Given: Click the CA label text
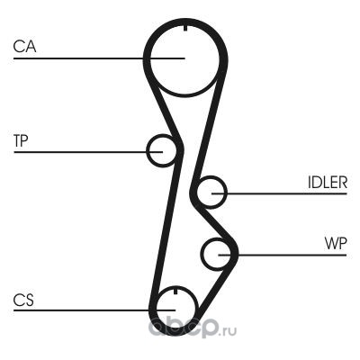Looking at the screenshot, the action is coord(24,47).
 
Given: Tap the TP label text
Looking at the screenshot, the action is coord(21,140).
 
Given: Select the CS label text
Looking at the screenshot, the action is coord(23,300).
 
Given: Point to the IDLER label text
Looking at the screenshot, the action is coord(328,182).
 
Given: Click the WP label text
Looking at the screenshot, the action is coord(336,244).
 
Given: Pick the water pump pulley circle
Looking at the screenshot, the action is coord(202,255).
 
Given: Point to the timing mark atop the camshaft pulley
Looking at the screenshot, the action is coord(185,29).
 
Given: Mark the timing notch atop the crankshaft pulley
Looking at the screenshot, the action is coord(175,291).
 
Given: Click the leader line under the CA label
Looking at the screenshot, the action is coord(99,58).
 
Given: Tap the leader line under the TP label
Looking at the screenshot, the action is coord(88,152).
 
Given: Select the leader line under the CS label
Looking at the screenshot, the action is coord(94,310).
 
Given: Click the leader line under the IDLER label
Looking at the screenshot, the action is coord(279,193).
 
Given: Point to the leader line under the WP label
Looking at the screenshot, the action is coord(283,255).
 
